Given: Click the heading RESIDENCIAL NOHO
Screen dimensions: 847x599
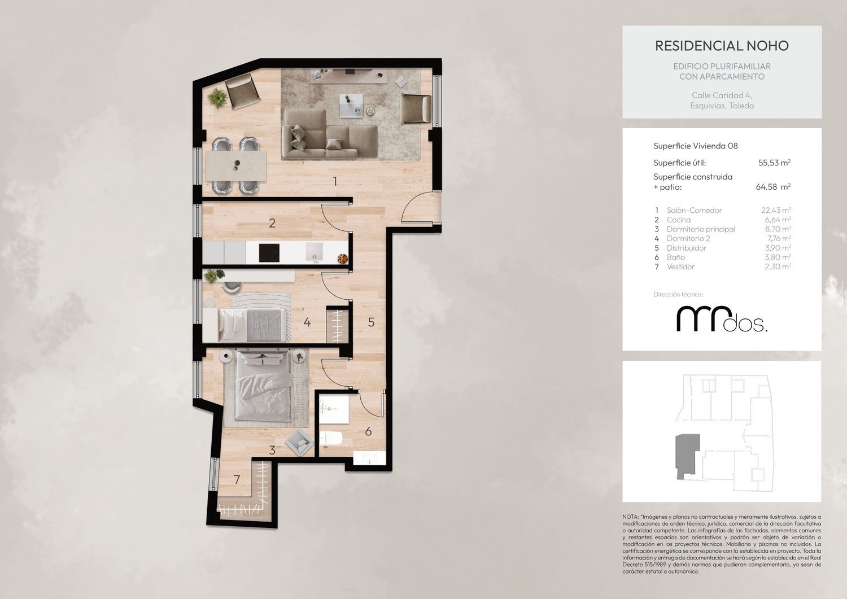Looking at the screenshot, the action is click(x=722, y=46).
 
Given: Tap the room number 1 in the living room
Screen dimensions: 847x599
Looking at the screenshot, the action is click(x=335, y=182).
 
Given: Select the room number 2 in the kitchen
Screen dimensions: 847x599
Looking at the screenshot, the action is click(x=272, y=223).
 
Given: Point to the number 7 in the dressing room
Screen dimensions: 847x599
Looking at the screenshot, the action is click(x=237, y=479).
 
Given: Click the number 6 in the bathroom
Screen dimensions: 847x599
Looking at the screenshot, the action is click(x=368, y=431).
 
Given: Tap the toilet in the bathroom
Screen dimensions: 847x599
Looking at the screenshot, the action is click(x=331, y=438).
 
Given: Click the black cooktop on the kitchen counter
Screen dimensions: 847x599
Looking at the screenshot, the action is click(x=269, y=252).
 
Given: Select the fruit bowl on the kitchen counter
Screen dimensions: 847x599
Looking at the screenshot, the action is click(x=342, y=258).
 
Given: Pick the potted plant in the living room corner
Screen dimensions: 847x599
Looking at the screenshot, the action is click(x=217, y=98).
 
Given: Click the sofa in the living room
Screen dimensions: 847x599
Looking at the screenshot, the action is click(x=330, y=134).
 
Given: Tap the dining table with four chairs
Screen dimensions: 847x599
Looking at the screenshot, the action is click(x=236, y=166).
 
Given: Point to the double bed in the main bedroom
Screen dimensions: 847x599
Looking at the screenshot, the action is click(x=264, y=386).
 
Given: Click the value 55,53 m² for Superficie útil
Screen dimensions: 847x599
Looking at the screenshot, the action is click(x=774, y=163).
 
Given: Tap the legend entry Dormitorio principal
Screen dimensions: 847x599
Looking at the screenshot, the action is click(x=701, y=229).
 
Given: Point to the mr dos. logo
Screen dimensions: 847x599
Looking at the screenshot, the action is click(x=722, y=319).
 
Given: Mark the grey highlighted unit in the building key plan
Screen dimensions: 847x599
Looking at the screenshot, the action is click(x=687, y=456).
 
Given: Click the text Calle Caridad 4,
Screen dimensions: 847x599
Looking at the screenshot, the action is click(x=722, y=95).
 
